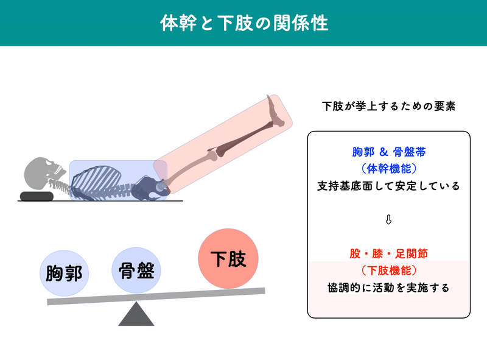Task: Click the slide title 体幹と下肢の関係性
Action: [243, 23]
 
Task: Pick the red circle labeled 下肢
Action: [228, 259]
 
